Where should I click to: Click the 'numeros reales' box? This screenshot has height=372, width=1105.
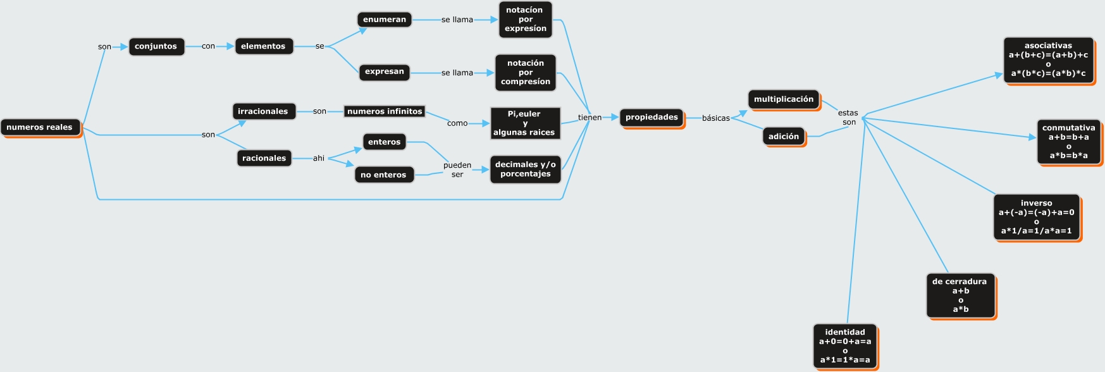(x=40, y=127)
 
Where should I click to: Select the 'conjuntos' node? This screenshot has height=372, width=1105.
(x=156, y=46)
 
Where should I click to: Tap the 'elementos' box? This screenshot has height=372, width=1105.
(x=263, y=46)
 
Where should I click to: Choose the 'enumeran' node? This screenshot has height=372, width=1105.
(x=385, y=20)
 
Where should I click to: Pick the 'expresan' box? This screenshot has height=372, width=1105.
(x=385, y=71)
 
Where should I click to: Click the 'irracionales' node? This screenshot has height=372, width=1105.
(x=263, y=111)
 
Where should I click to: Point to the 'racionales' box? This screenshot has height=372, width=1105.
(x=264, y=158)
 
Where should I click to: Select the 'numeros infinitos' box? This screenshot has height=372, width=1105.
(x=385, y=111)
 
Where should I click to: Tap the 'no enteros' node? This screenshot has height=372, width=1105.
(x=383, y=175)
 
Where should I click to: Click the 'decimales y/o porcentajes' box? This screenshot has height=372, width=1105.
(x=525, y=169)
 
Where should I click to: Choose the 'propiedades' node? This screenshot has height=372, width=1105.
(x=651, y=117)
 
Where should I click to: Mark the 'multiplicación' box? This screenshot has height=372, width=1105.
(x=784, y=99)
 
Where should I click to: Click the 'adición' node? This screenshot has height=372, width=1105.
(x=784, y=136)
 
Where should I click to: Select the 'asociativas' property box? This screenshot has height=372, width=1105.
(x=1048, y=59)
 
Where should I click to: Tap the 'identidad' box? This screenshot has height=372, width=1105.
(x=845, y=345)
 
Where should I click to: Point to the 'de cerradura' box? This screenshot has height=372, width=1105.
(x=960, y=295)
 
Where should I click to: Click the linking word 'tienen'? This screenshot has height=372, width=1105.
(x=590, y=118)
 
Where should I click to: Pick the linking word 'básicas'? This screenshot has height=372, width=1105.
(x=715, y=118)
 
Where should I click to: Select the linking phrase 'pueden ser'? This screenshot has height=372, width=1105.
(x=457, y=170)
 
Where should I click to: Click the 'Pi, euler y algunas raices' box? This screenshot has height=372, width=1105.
(x=525, y=123)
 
